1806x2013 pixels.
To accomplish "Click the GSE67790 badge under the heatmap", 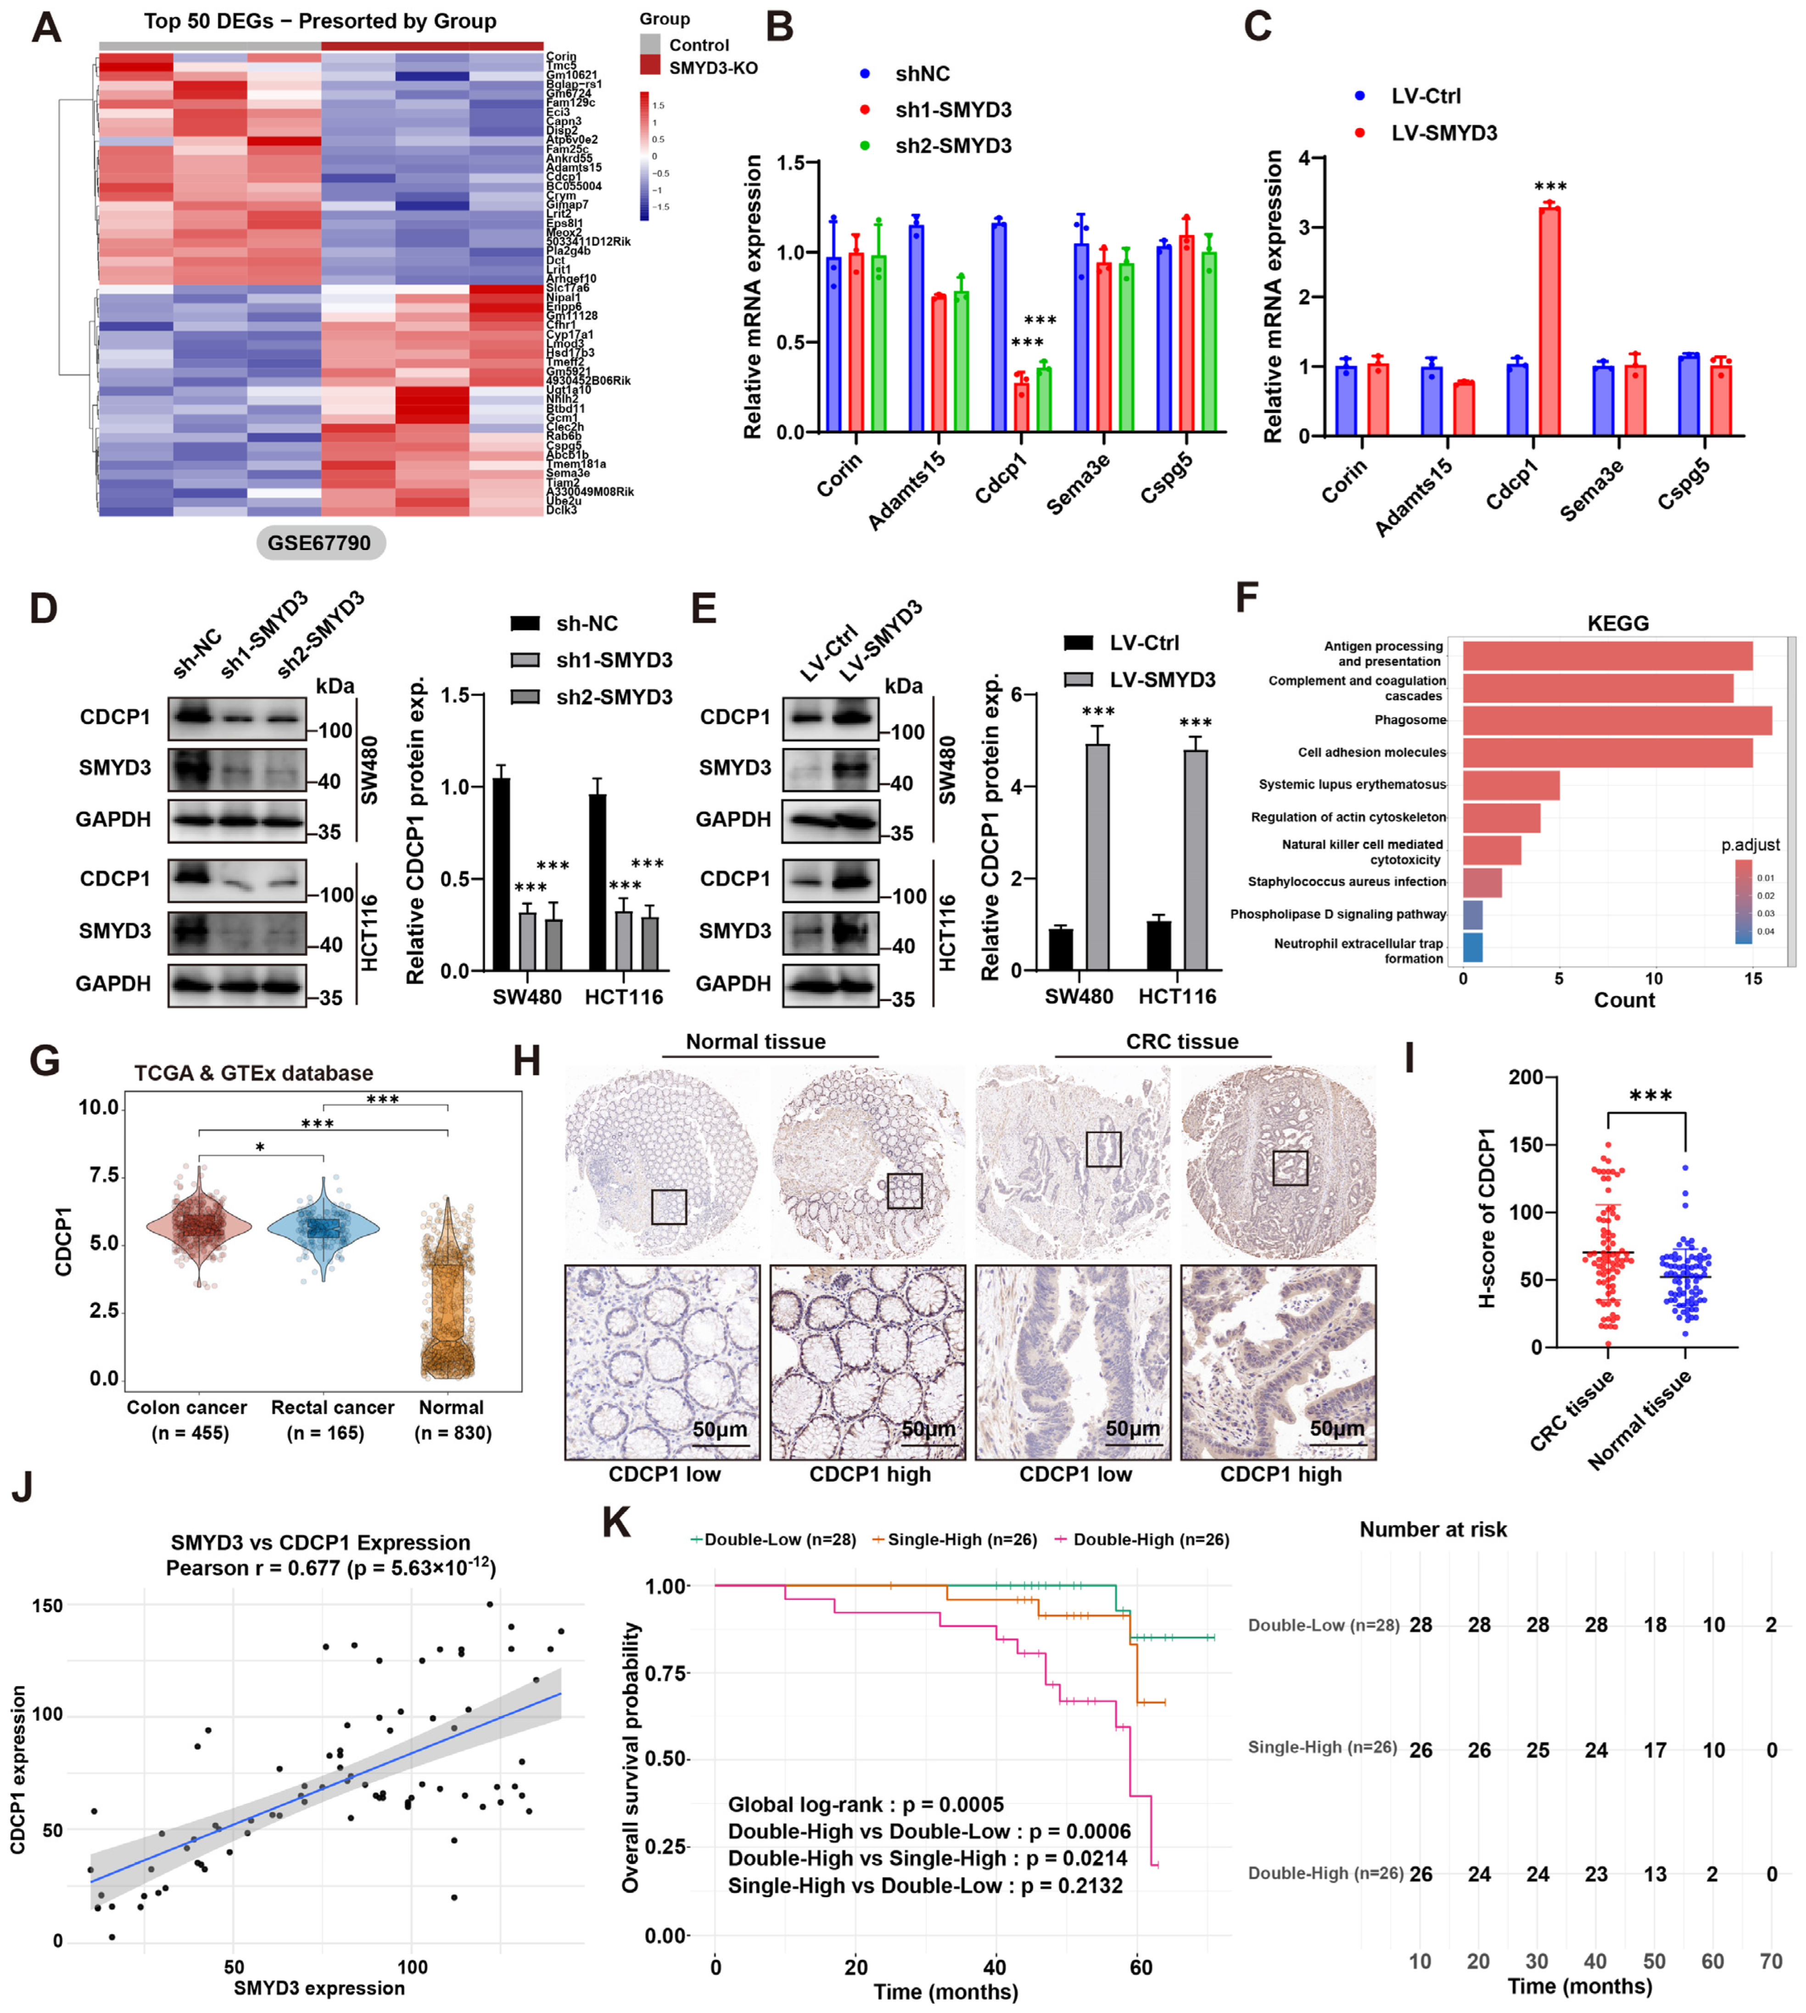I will (319, 543).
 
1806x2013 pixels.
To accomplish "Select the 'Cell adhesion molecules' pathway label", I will (1371, 753).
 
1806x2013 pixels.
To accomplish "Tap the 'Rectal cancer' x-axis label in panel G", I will (332, 1407).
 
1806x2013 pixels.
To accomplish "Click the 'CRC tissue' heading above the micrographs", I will (1182, 1041).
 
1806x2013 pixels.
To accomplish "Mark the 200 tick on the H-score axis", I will (1525, 1078).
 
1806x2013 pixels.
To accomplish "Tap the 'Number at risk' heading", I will (1433, 1529).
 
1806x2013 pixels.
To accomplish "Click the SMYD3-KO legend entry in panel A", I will (712, 67).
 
